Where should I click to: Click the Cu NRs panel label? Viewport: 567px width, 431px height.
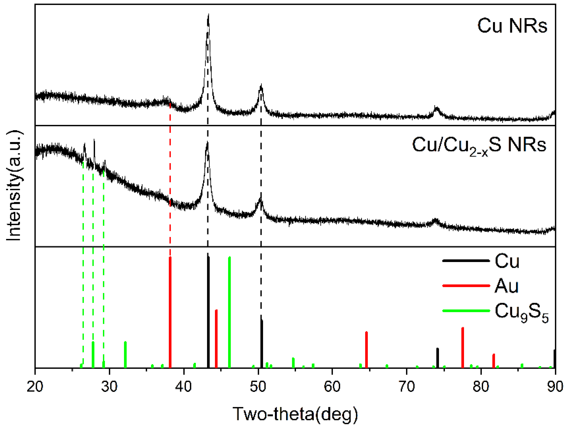click(x=512, y=26)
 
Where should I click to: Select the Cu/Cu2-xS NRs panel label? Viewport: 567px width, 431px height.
click(x=479, y=145)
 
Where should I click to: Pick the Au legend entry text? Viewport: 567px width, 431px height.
click(x=506, y=286)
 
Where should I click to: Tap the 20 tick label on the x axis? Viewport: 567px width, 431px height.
click(x=35, y=386)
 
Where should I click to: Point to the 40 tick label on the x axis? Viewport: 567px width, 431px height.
click(x=184, y=386)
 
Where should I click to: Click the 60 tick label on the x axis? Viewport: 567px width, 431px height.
click(x=332, y=386)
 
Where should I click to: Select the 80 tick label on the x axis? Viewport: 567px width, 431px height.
click(x=481, y=386)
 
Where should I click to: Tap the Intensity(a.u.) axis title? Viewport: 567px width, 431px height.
click(x=14, y=186)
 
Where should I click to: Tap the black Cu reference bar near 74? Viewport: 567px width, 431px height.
click(x=438, y=358)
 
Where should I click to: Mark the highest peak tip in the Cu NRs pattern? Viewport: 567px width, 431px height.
click(x=208, y=15)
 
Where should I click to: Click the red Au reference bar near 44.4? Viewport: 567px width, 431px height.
click(x=216, y=339)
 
